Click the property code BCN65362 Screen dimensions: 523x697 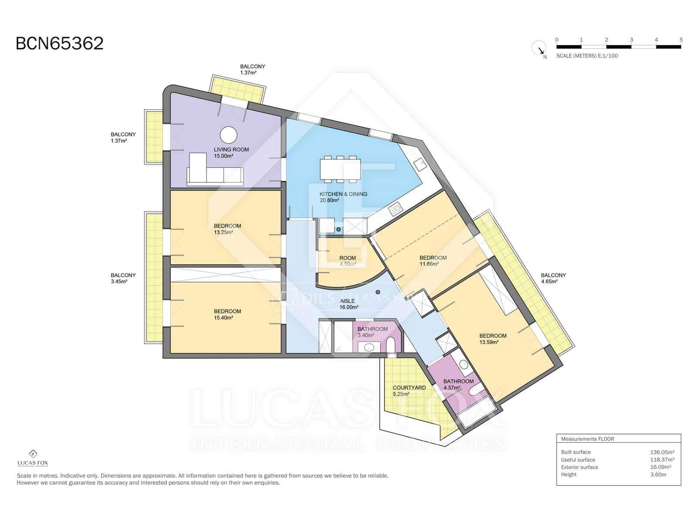pyautogui.click(x=60, y=44)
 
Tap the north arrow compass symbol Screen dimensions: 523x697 pyautogui.click(x=538, y=48)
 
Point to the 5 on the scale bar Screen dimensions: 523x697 pyautogui.click(x=680, y=40)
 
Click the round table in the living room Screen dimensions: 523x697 pyautogui.click(x=228, y=135)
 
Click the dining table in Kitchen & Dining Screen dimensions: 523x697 pyautogui.click(x=340, y=169)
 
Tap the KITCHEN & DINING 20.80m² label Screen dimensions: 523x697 pyautogui.click(x=343, y=197)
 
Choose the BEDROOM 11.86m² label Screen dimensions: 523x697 pyautogui.click(x=433, y=261)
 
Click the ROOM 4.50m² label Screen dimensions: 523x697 pyautogui.click(x=347, y=261)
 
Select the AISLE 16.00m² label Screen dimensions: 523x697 pyautogui.click(x=348, y=304)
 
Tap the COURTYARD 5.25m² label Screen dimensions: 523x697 pyautogui.click(x=409, y=391)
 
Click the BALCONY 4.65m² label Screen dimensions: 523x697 pyautogui.click(x=553, y=278)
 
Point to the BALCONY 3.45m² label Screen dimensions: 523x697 pyautogui.click(x=123, y=278)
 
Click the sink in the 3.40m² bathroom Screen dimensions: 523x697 pyautogui.click(x=369, y=347)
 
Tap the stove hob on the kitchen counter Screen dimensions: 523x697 pyautogui.click(x=395, y=209)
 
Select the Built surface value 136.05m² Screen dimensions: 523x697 pyautogui.click(x=662, y=452)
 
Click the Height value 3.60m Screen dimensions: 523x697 pyautogui.click(x=658, y=474)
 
